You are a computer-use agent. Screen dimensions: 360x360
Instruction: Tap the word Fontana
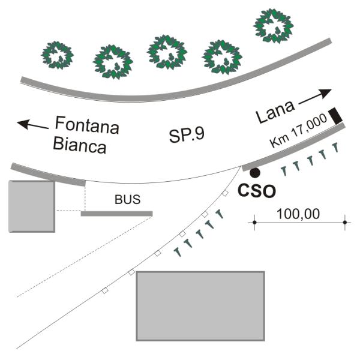(x=87, y=127)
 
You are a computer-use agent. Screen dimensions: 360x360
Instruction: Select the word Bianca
(x=79, y=145)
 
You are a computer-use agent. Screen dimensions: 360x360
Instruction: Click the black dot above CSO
(x=255, y=173)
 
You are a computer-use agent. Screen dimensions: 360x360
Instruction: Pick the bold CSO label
(x=257, y=191)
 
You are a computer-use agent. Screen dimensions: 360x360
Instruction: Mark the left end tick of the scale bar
(x=254, y=223)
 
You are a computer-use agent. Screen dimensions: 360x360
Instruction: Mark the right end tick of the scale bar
(x=344, y=223)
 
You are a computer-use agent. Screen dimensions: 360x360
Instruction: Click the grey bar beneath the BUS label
(x=116, y=214)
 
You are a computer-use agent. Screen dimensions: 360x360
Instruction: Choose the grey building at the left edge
(x=32, y=206)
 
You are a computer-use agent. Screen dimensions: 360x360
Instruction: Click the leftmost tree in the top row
(x=57, y=55)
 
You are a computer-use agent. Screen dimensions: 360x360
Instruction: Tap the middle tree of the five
(x=167, y=52)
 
